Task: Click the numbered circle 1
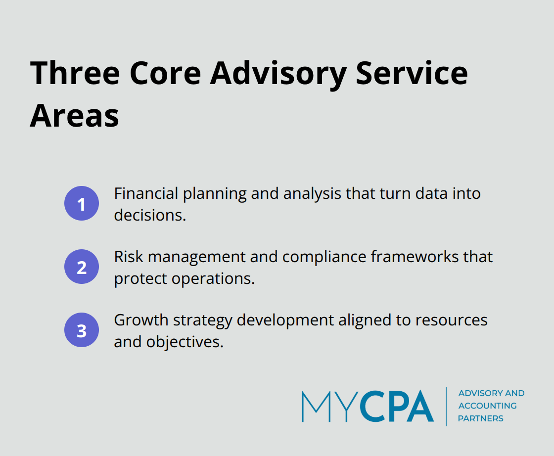[x=82, y=203]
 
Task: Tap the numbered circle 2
[x=82, y=267]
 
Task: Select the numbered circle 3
[x=82, y=330]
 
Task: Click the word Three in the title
[x=75, y=73]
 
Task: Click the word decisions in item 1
[x=149, y=215]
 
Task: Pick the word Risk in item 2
[x=129, y=257]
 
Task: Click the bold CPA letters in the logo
[x=396, y=406]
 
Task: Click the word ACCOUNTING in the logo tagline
[x=487, y=406]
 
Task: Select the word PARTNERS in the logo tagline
[x=480, y=418]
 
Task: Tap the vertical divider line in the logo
[x=447, y=406]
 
